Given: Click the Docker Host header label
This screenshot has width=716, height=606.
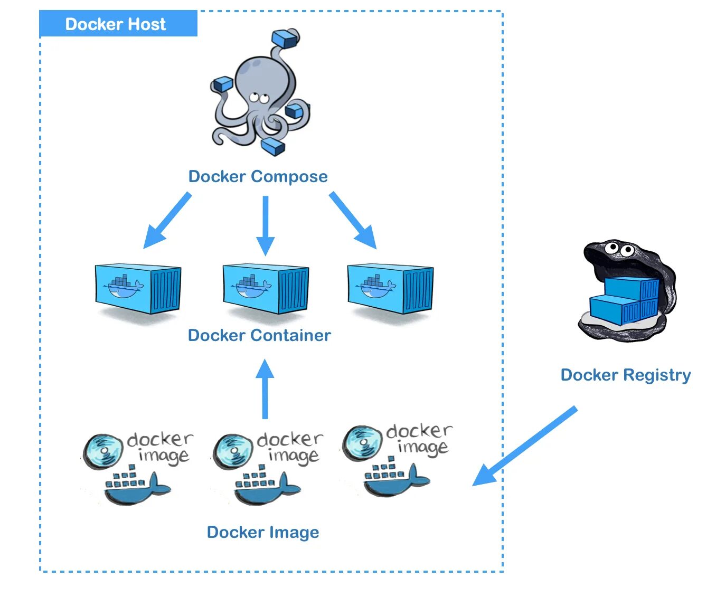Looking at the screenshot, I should tap(116, 24).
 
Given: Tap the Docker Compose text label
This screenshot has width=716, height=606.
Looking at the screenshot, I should tap(258, 176).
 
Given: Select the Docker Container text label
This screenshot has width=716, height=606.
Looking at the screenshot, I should tap(259, 335).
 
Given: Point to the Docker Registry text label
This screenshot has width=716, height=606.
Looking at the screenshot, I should tap(626, 375).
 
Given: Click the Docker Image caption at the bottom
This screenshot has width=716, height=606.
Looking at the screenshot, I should tap(263, 532).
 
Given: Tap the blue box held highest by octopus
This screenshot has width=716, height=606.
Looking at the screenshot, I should tap(285, 39).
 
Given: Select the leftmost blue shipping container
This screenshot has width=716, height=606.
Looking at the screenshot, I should tap(138, 289).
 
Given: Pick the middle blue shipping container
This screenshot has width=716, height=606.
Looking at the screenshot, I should tap(266, 289).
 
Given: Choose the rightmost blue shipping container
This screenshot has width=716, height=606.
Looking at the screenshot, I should tap(390, 289).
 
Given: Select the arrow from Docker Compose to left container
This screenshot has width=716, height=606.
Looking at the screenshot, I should tap(166, 221).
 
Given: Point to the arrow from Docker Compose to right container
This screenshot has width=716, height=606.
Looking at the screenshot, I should tap(353, 220).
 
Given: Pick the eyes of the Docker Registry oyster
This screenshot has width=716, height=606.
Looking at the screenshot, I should tap(619, 248).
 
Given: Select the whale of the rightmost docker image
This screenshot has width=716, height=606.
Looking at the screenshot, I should tap(397, 478).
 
